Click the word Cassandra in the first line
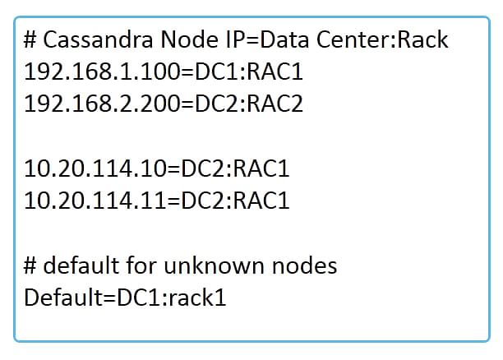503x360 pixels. click(x=98, y=39)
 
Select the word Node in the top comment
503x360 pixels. click(x=189, y=39)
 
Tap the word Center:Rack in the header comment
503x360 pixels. click(x=382, y=39)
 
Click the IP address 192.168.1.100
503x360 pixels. click(x=103, y=72)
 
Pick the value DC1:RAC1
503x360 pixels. click(x=248, y=72)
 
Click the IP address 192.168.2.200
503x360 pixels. click(x=103, y=104)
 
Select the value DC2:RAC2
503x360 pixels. click(x=248, y=104)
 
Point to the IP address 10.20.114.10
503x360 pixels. click(x=95, y=168)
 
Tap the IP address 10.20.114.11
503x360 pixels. click(x=95, y=201)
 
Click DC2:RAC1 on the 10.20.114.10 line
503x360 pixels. click(x=235, y=168)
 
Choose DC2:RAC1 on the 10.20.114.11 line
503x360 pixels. click(x=235, y=201)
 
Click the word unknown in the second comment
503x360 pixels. click(x=214, y=265)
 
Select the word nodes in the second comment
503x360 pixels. click(x=304, y=265)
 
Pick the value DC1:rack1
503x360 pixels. click(x=172, y=298)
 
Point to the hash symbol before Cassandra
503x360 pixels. click(x=30, y=40)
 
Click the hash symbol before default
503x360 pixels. click(x=30, y=266)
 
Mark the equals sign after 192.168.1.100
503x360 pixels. click(x=187, y=72)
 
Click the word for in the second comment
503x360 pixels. click(x=141, y=265)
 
